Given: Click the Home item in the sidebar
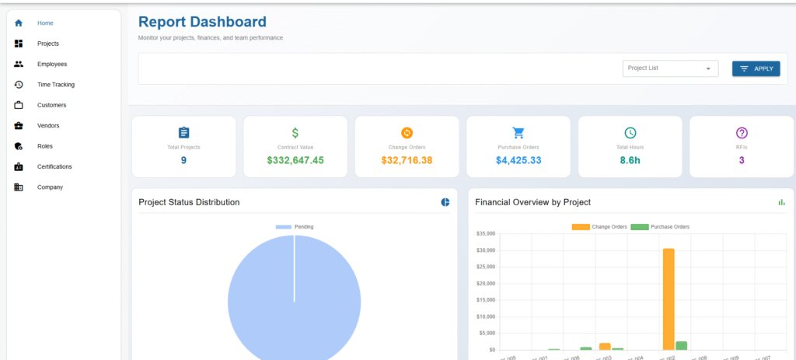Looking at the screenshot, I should tap(45, 23).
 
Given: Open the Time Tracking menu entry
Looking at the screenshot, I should tap(55, 85).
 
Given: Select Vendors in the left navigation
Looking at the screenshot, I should tap(48, 125).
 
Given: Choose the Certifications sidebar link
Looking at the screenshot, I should tap(54, 166).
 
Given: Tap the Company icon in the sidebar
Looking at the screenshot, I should tap(19, 187).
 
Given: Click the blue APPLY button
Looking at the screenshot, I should tap(756, 68).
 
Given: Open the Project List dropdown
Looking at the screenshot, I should tap(670, 68).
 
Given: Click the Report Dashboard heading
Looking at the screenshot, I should tap(202, 23).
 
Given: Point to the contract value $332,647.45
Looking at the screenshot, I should tap(295, 160).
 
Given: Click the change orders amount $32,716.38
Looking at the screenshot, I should tap(407, 160).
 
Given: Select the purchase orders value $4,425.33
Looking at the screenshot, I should tap(518, 160).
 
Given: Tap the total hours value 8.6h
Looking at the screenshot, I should tap(630, 160).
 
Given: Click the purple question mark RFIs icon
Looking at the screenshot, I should tap(742, 133).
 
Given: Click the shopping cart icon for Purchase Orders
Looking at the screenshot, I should tap(518, 133).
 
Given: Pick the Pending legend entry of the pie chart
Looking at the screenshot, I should tap(295, 227).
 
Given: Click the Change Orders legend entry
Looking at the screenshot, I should tap(599, 227).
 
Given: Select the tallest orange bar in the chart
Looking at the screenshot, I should tap(669, 299).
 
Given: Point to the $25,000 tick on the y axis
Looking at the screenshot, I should tap(486, 267).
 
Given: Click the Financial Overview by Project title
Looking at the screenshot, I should tap(533, 202).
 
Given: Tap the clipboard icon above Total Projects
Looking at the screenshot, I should tap(183, 133).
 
